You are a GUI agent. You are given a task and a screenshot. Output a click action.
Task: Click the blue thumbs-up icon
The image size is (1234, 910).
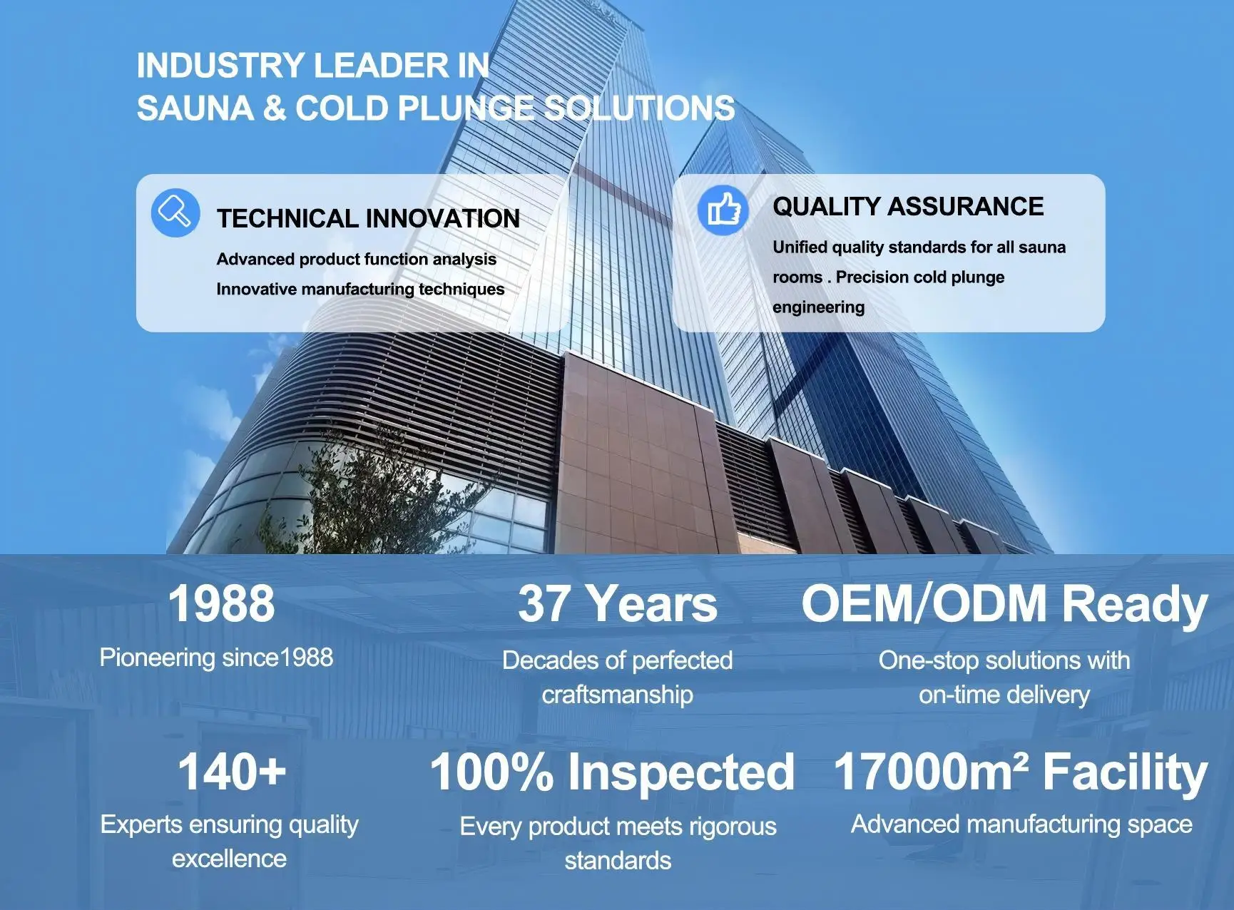pos(723,210)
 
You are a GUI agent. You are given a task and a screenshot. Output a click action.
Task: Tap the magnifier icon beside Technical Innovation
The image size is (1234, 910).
pos(175,213)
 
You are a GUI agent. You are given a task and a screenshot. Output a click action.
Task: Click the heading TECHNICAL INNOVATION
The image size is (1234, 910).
pos(368,219)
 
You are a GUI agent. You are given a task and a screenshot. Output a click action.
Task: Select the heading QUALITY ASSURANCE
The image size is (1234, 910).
pos(908,207)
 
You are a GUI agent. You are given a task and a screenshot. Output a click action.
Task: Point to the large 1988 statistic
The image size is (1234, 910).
pos(221,603)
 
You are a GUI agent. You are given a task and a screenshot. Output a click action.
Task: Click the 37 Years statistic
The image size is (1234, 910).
pos(618,603)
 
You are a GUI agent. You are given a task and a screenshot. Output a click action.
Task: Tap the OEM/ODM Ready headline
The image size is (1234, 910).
pos(1004,604)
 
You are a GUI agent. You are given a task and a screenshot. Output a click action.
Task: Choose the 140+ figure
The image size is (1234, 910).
pos(232,772)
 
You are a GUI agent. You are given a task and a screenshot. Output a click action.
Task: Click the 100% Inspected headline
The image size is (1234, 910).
pos(612,772)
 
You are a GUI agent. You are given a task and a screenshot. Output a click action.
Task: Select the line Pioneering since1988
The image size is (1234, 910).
pos(216,658)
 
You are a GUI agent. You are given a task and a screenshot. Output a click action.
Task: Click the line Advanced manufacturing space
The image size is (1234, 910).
pos(1021,824)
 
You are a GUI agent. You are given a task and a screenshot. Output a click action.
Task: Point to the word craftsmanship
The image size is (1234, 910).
pos(618,695)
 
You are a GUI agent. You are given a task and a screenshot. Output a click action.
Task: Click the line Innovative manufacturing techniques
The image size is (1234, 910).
pos(360,289)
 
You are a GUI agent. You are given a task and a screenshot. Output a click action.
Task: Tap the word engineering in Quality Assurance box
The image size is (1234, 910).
pos(819,307)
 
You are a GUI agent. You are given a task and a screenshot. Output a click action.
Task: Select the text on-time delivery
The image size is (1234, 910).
pos(1004,695)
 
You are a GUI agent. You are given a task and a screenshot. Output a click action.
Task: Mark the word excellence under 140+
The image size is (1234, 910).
pos(229,859)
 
